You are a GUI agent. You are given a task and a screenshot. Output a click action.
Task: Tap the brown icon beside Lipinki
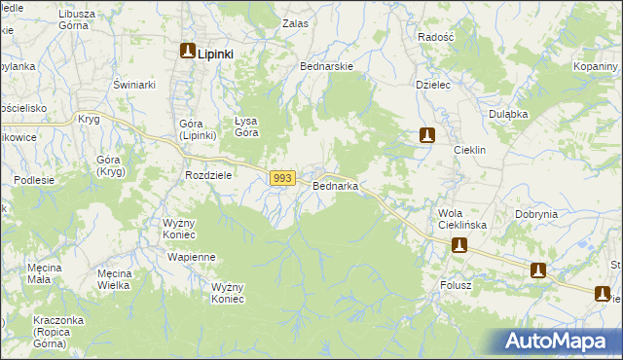click(x=187, y=53)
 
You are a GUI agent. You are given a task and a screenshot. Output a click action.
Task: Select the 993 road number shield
click(x=282, y=178)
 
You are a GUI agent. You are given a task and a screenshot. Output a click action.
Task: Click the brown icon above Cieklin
click(x=426, y=135)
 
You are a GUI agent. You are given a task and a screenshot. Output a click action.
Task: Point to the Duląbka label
click(x=508, y=114)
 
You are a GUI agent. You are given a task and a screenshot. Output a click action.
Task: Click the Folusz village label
click(x=454, y=286)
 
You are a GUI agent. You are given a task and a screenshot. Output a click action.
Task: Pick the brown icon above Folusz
click(x=458, y=246)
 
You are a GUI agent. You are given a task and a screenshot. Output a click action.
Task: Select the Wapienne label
click(x=191, y=257)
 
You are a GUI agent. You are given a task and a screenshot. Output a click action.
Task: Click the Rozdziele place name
click(x=207, y=175)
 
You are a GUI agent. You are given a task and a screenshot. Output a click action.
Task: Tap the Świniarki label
click(x=135, y=85)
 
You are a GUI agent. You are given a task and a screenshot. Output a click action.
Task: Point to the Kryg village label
click(x=89, y=118)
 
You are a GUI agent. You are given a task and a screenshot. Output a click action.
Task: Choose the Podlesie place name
click(x=33, y=180)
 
